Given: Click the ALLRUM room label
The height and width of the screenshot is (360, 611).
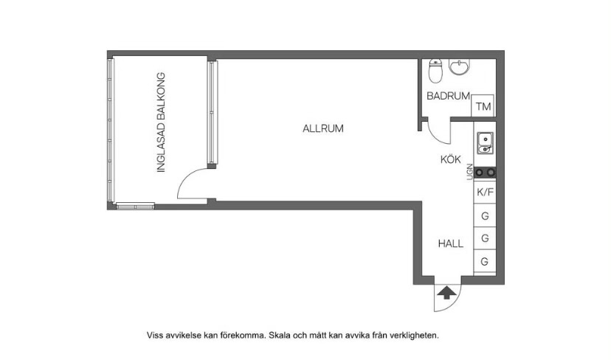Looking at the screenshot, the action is [x=323, y=128].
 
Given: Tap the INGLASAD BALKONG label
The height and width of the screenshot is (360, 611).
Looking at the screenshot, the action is [x=161, y=122].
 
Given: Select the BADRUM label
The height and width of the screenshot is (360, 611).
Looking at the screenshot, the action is [x=448, y=96].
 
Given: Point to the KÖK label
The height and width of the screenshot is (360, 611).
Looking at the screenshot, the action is [x=450, y=159].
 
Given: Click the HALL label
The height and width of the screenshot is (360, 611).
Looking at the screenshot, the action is [x=451, y=244].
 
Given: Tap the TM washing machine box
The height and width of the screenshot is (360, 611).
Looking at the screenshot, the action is [x=483, y=105].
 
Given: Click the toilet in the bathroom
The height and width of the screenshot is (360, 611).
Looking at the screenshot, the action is [x=435, y=71].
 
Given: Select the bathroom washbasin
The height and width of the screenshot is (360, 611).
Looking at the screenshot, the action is [x=460, y=66].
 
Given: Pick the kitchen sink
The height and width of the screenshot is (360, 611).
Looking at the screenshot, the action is [x=485, y=143].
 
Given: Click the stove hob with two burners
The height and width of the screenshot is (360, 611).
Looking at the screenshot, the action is [x=485, y=172].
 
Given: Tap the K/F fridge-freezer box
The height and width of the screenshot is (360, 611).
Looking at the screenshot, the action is [x=485, y=192].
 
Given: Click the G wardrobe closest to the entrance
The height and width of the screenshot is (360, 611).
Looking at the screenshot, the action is [x=485, y=261].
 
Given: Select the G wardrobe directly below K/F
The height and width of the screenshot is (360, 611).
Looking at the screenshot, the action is [x=485, y=215].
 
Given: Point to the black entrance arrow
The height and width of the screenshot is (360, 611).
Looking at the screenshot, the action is [x=447, y=293].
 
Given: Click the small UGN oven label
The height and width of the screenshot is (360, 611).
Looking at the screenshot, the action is [x=470, y=172].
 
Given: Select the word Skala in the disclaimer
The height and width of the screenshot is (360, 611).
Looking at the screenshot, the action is [x=280, y=335].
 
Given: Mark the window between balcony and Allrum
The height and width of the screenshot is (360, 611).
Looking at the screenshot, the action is [x=212, y=112].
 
